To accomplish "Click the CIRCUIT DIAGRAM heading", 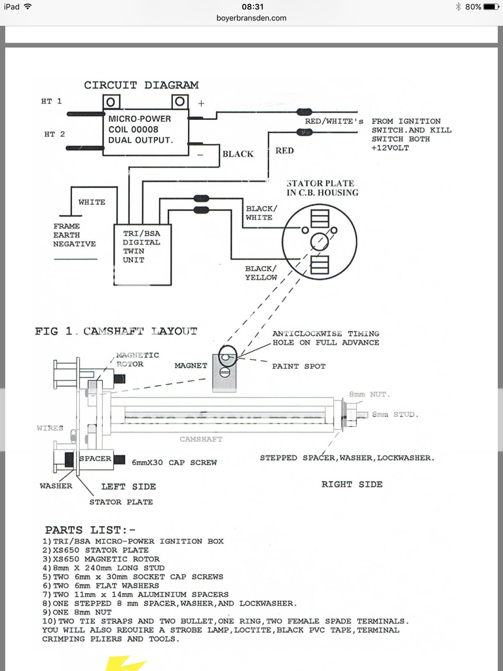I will [x=141, y=85].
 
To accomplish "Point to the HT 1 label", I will [x=51, y=102].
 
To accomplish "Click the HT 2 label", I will [x=54, y=134].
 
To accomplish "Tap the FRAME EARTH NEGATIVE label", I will [x=75, y=235].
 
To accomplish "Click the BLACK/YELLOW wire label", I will [x=261, y=273].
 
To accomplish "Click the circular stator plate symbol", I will [x=320, y=242].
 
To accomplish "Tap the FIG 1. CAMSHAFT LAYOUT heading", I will [x=116, y=332].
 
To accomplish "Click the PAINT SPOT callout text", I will [x=299, y=366].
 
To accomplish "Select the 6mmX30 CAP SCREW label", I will [x=174, y=462].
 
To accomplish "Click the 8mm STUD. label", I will [x=395, y=415].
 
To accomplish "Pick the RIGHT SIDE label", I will [x=352, y=484].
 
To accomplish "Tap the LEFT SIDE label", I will [x=128, y=487].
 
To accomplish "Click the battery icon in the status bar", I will [x=491, y=7].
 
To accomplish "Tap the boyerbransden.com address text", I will [x=251, y=18].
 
